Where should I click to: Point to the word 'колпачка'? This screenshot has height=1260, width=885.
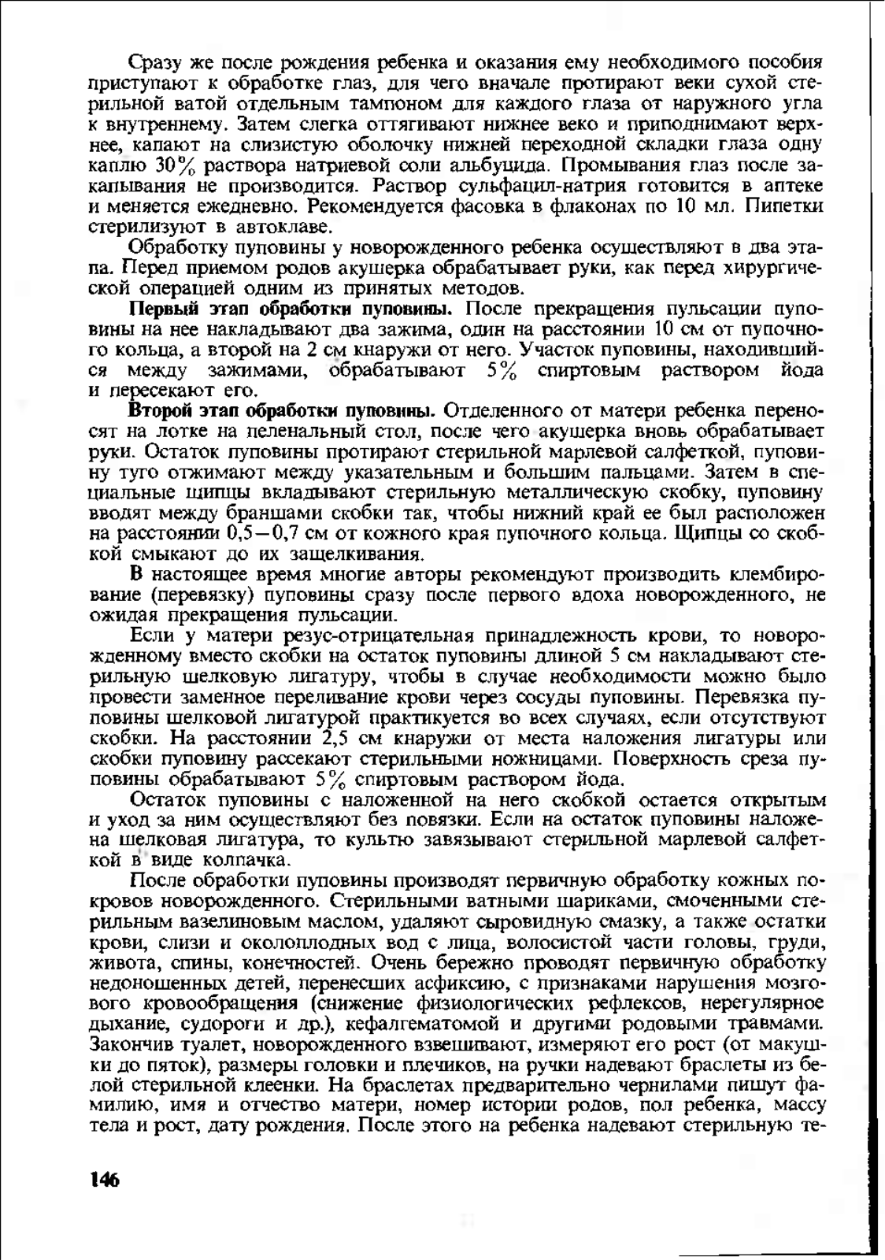(243, 860)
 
